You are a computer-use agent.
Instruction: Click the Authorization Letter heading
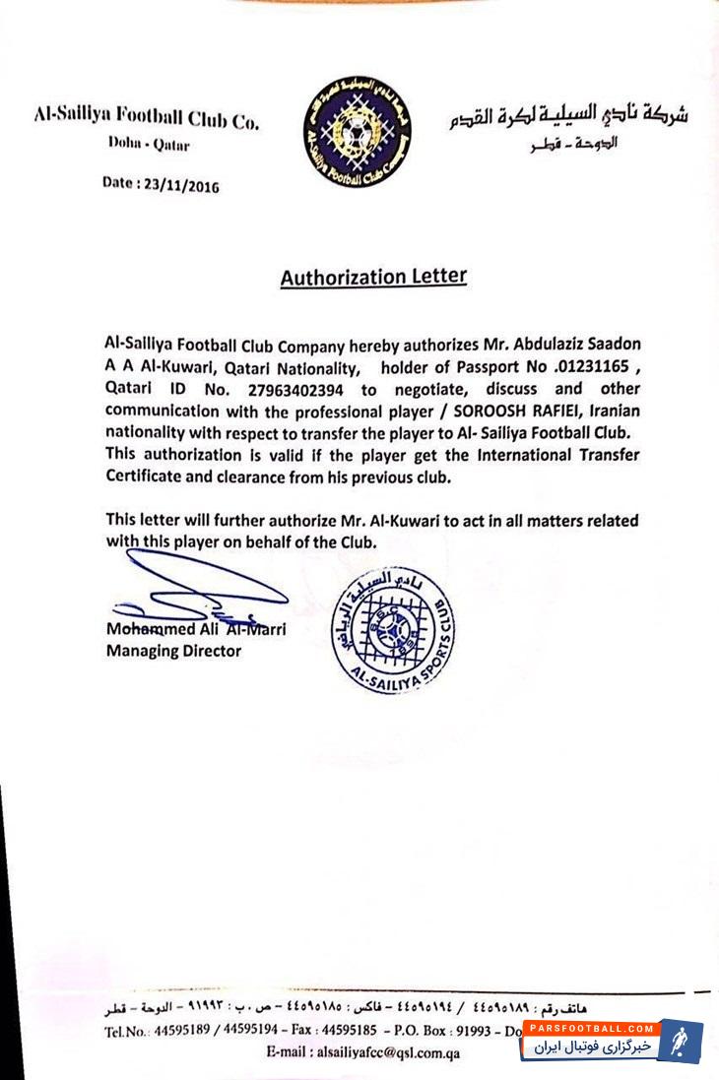tap(373, 277)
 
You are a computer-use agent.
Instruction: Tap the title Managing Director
tap(173, 651)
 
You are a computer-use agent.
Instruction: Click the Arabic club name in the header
tap(566, 116)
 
